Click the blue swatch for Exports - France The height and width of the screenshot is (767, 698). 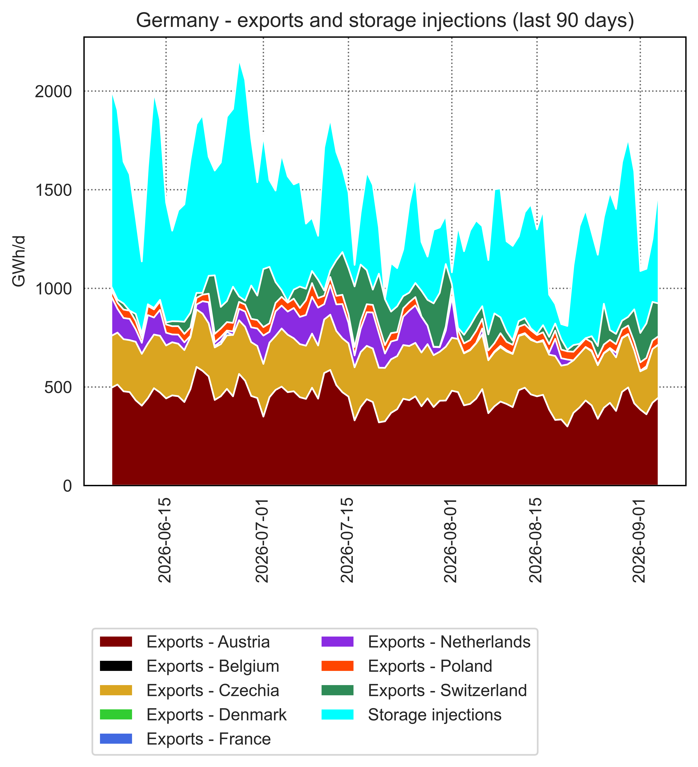(x=116, y=739)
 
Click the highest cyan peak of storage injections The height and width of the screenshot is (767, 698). (x=239, y=64)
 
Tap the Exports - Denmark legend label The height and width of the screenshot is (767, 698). (x=216, y=715)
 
